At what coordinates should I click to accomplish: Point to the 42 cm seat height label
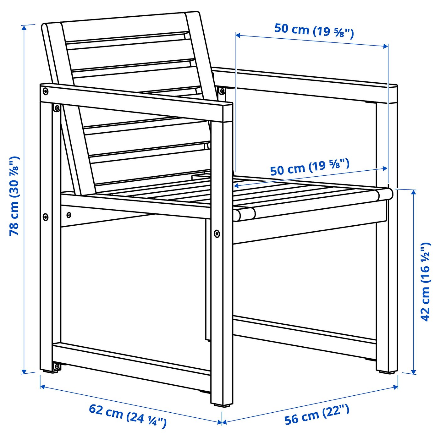point(425,282)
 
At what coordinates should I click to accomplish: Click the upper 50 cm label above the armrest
point(314,30)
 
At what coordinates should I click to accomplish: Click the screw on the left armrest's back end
point(46,91)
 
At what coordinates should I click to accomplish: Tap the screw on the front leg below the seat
point(217,234)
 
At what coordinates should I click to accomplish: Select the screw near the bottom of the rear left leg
point(57,366)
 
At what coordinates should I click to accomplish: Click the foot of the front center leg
point(222,404)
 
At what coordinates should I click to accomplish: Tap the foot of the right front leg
point(387,372)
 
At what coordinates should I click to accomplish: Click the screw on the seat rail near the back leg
point(69,215)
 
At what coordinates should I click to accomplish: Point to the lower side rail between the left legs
point(132,359)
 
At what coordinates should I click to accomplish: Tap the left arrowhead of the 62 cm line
point(42,386)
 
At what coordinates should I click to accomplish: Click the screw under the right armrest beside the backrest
point(222,91)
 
